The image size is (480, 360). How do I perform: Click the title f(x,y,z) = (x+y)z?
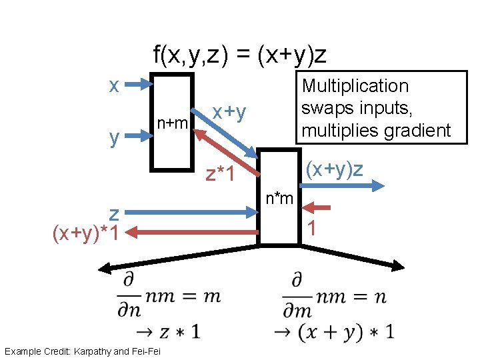click(240, 55)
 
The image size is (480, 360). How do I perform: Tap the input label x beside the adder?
click(115, 86)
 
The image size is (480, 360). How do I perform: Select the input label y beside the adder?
click(115, 138)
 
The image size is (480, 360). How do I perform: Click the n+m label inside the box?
click(173, 123)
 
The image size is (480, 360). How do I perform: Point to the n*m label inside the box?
click(279, 198)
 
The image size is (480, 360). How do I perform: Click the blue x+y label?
click(229, 113)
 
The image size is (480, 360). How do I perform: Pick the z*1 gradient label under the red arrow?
click(221, 175)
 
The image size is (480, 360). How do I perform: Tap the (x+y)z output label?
click(335, 169)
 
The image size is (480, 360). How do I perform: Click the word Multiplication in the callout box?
click(355, 86)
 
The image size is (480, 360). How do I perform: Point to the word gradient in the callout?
click(421, 130)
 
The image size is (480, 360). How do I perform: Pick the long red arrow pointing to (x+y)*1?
click(193, 232)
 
